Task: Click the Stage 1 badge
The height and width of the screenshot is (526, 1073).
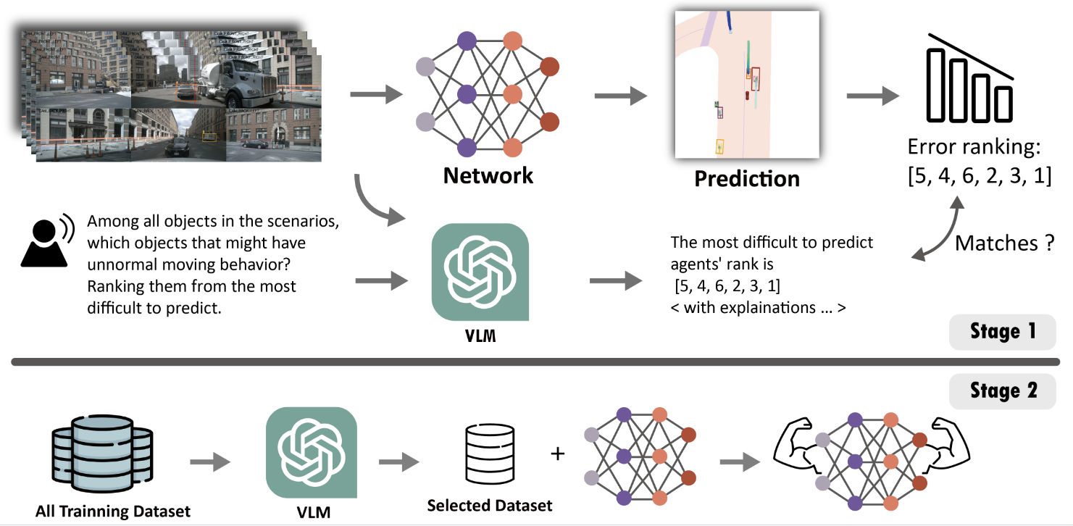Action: pos(1003,333)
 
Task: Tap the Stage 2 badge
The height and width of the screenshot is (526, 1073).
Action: pos(1003,391)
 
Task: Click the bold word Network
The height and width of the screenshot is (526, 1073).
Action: pos(488,175)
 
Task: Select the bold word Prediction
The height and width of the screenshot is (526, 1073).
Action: pos(747,179)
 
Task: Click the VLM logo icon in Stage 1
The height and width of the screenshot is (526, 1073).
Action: pos(480,272)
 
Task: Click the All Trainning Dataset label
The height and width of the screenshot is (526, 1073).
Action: pos(113,512)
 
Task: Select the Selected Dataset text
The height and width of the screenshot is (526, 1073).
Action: pos(490,505)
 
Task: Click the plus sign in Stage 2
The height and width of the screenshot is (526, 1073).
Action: pos(557,454)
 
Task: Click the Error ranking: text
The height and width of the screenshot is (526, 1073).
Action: pos(974,149)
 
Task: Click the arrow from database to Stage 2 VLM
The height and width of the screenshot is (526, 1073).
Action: pos(209,462)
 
